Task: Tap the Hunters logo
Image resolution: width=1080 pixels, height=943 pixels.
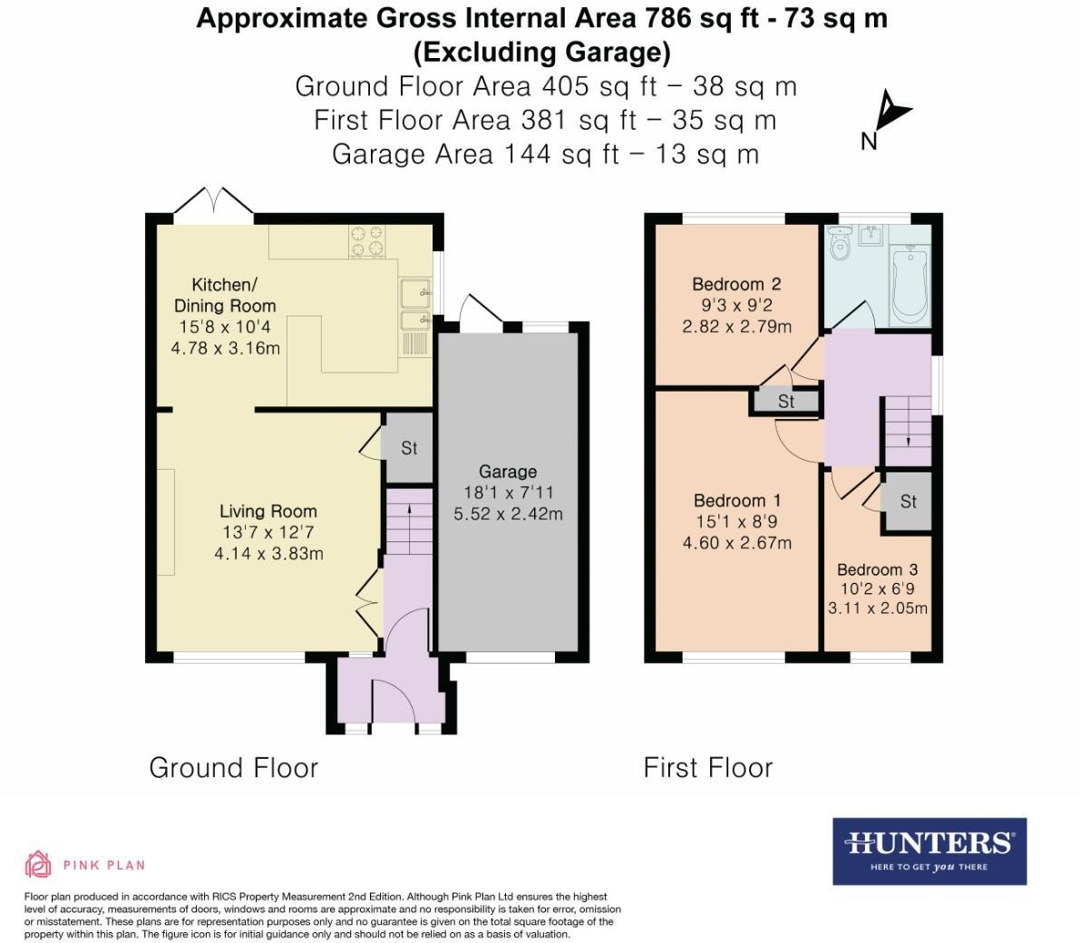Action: [929, 851]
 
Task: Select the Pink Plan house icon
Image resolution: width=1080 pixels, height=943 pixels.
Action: [38, 864]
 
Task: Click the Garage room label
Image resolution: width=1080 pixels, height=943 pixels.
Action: [508, 471]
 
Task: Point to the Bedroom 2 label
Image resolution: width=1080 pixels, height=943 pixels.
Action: [736, 284]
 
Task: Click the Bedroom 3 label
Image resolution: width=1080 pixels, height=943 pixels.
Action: [877, 569]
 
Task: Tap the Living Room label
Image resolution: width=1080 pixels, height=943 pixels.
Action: [268, 511]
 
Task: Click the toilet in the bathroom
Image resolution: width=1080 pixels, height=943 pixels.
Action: [840, 242]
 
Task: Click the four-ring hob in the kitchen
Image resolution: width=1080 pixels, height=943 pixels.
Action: [367, 240]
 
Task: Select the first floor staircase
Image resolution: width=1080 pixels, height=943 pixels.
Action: [908, 421]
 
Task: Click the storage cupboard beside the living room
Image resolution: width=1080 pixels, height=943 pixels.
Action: [408, 448]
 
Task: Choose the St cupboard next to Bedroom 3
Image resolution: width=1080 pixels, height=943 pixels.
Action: [908, 501]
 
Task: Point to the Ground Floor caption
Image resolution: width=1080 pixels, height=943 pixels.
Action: [233, 768]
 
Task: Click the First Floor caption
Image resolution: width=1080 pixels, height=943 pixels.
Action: [707, 768]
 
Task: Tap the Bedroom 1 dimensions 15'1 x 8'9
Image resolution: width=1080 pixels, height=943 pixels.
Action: [736, 521]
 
